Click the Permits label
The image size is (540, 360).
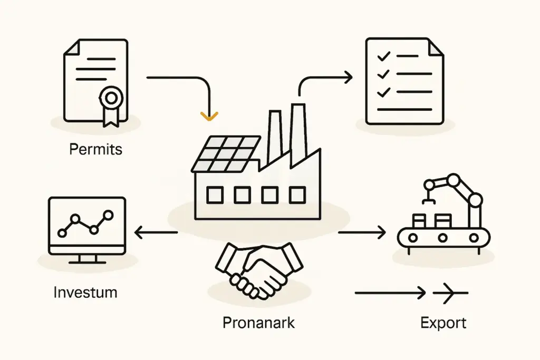tap(95, 149)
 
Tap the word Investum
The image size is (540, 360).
tap(85, 291)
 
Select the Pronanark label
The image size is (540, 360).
tap(258, 322)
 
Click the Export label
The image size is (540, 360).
tap(443, 323)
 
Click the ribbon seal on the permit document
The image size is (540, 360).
tap(111, 98)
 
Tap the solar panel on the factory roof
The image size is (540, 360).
tap(226, 153)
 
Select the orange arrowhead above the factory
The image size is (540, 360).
tap(209, 115)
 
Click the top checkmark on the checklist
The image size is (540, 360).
tap(384, 55)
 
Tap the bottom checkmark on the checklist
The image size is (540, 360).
tap(384, 92)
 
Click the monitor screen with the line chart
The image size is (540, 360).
tap(86, 223)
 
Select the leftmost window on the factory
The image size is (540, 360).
tap(215, 196)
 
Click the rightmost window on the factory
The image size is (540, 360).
tap(297, 196)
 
